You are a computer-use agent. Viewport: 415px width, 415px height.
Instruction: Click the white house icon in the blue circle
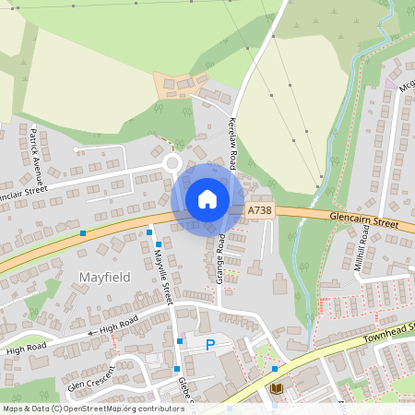[207, 199]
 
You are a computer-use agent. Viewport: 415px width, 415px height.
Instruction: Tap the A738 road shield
[260, 211]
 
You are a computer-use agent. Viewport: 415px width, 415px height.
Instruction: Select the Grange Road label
[221, 257]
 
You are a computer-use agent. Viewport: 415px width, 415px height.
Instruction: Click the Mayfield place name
[104, 277]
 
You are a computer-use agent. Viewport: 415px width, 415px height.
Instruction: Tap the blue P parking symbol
[209, 344]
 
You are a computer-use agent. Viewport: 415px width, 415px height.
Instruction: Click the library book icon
[276, 388]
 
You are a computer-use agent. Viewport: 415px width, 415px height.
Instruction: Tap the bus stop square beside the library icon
[274, 370]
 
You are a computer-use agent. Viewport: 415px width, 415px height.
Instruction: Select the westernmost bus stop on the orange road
[83, 232]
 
